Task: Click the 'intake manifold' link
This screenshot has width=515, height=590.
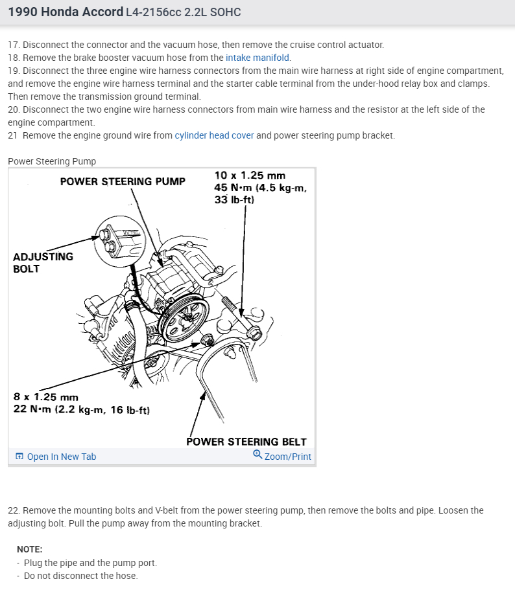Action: point(257,58)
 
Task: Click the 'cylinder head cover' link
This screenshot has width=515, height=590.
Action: point(214,135)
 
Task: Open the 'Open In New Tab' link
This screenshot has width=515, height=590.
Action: point(61,457)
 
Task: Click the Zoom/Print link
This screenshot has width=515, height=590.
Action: point(287,457)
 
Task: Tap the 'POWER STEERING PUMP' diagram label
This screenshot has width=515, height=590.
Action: point(123,181)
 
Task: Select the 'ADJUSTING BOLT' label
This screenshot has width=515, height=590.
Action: point(43,262)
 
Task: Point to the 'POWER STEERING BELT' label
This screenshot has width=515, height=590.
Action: point(246,442)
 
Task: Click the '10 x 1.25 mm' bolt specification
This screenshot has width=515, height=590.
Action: point(250,176)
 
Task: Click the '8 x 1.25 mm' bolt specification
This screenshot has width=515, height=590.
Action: point(46,397)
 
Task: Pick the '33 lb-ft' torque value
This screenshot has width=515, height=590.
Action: point(234,200)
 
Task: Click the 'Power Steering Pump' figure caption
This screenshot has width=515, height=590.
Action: point(52,161)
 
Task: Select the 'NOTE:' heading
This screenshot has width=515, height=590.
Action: point(29,549)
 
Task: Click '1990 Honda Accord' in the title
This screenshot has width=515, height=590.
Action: point(66,12)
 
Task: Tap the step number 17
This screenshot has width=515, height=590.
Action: point(14,45)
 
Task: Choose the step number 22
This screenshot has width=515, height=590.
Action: point(14,510)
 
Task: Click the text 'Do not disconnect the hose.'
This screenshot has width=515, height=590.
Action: point(80,576)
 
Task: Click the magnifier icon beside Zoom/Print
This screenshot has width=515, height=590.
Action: point(257,455)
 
